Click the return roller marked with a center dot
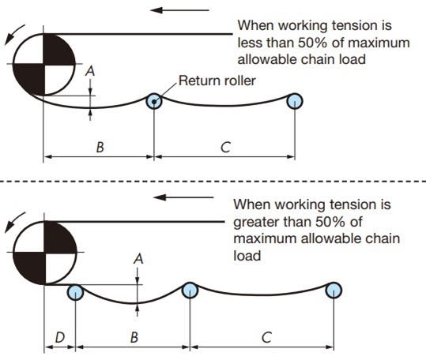click(155, 100)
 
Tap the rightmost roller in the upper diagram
click(295, 100)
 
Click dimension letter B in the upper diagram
click(99, 148)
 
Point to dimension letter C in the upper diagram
click(225, 148)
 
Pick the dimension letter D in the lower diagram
click(60, 337)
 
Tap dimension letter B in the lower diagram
click(134, 337)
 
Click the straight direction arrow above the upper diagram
click(181, 11)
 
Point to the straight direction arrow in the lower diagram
click(181, 197)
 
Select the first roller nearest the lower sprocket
click(75, 291)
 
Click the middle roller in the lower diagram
click(190, 291)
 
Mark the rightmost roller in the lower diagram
click(335, 291)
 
